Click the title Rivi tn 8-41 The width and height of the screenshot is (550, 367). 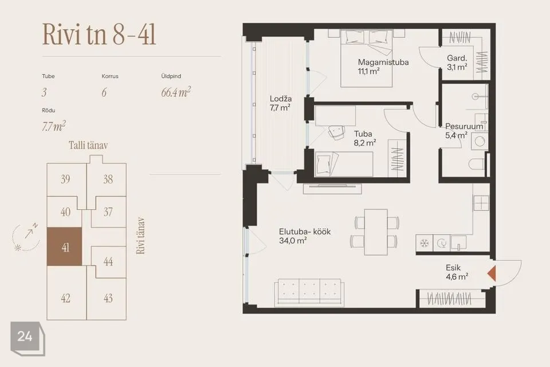tap(99, 35)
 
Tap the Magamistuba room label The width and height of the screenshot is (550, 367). tap(383, 62)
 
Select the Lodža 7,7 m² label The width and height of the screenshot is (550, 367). tap(281, 103)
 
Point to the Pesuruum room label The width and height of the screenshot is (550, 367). tap(464, 126)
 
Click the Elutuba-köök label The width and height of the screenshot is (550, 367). tap(305, 232)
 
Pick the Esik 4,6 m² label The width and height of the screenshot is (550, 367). tap(457, 272)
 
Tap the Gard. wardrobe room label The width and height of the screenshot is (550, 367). tap(457, 58)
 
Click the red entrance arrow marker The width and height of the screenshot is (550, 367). tap(492, 273)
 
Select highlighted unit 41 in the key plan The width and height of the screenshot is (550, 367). tap(65, 246)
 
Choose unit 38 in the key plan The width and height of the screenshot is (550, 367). tap(108, 179)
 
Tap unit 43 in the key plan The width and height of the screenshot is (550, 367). tap(108, 298)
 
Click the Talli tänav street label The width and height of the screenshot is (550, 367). tap(88, 146)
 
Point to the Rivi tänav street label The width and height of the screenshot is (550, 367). tap(140, 235)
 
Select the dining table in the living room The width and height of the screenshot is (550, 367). tap(376, 232)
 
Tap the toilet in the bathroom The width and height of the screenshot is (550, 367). tap(477, 164)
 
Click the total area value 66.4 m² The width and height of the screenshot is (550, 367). tap(176, 92)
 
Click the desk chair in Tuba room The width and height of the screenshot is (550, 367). tap(337, 132)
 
